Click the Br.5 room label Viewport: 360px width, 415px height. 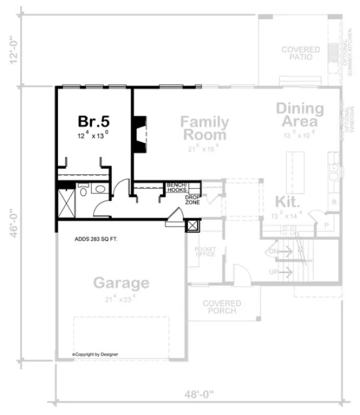click(x=93, y=120)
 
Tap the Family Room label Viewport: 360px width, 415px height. click(x=204, y=127)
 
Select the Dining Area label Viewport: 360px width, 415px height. click(x=300, y=114)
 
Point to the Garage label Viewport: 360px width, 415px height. click(x=121, y=282)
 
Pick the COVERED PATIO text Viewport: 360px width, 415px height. click(x=300, y=54)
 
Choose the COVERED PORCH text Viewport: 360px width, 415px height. click(x=222, y=307)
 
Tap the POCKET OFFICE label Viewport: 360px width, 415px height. click(x=205, y=251)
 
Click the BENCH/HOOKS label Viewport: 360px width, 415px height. click(x=177, y=187)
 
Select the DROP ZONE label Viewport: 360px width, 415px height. click(x=192, y=200)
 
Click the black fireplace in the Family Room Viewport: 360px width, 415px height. click(x=139, y=132)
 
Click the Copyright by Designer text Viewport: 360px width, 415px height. click(x=95, y=354)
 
